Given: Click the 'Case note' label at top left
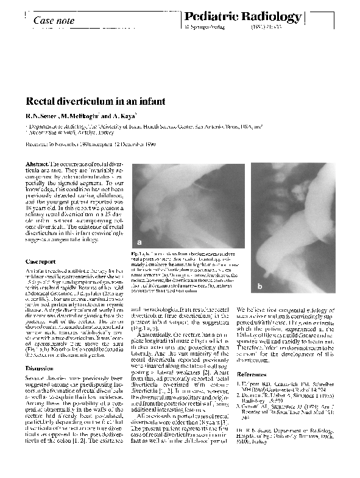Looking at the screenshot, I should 54,21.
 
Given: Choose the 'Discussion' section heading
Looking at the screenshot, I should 40,368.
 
